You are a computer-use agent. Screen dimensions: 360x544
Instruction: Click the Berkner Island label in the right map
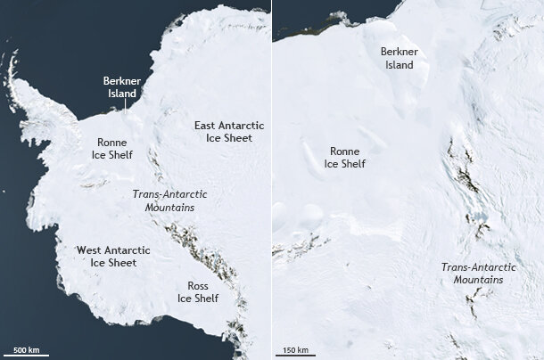tap(399, 58)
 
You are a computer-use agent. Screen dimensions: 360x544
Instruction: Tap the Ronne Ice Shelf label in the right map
tap(344, 158)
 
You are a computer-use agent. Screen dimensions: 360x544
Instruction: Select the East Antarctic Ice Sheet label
tap(223, 132)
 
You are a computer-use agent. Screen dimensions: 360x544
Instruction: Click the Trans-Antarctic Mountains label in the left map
tap(163, 200)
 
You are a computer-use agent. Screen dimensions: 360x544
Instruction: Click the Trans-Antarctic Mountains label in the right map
tap(473, 273)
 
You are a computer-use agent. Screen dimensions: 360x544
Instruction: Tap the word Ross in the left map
tap(198, 285)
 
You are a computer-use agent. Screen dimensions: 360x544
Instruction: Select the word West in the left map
tap(89, 250)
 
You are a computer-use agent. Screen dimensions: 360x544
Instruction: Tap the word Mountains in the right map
tap(478, 280)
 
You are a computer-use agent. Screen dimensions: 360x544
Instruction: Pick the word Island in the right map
tap(399, 64)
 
